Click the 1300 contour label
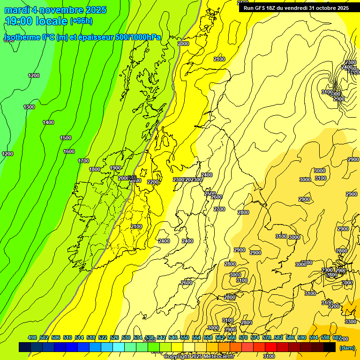(x=29, y=107)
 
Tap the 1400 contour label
(x=48, y=122)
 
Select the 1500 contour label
(x=66, y=138)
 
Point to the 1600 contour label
(x=69, y=151)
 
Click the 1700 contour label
(x=83, y=161)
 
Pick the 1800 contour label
(x=95, y=169)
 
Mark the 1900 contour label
(x=115, y=168)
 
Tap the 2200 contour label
(x=153, y=182)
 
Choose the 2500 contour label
(x=210, y=194)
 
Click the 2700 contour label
(x=219, y=209)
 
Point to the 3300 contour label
(x=350, y=322)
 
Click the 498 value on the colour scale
(x=32, y=337)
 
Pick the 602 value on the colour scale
(x=337, y=337)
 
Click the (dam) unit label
(x=347, y=347)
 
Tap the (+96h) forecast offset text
(x=81, y=21)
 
